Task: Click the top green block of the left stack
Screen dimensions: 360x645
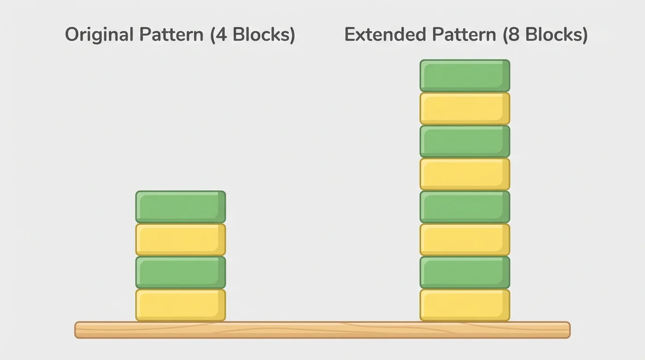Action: point(180,207)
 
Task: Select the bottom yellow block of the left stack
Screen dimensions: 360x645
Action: point(180,305)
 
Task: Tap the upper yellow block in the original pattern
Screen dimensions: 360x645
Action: point(180,240)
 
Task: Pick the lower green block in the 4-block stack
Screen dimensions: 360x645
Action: point(180,272)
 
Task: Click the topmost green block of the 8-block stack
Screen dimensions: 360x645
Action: point(465,75)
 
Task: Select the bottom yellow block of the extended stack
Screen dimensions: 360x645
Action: point(465,305)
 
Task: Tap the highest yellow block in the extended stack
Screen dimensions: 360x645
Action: point(465,108)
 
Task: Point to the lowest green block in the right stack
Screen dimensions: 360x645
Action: point(465,272)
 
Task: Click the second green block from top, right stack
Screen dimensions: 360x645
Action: point(465,141)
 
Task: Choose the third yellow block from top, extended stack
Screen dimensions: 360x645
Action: point(465,240)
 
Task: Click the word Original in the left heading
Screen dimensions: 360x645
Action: point(99,35)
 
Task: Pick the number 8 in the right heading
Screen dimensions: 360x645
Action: point(513,35)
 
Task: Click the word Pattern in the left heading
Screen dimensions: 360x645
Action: point(171,35)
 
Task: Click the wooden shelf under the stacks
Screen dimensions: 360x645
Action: point(322,330)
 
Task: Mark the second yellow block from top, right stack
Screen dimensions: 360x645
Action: point(465,174)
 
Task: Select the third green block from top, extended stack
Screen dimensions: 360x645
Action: point(465,207)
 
